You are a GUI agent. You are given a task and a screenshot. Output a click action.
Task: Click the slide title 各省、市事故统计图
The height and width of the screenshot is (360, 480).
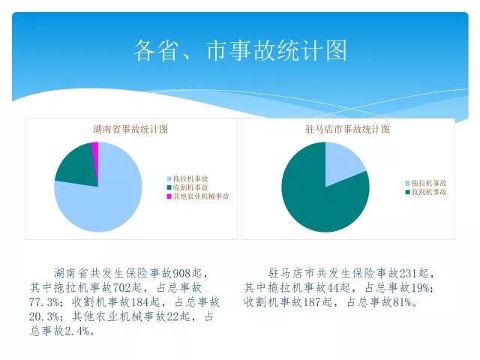click(240, 50)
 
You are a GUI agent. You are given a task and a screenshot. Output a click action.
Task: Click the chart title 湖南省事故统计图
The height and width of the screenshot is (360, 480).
click(130, 129)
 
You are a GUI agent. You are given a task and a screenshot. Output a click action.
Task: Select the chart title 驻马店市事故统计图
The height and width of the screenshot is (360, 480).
click(348, 129)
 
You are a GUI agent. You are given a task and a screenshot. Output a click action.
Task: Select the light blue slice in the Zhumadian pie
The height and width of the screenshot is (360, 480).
click(341, 162)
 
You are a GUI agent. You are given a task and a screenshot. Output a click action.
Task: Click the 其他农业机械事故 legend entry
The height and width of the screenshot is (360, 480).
click(198, 196)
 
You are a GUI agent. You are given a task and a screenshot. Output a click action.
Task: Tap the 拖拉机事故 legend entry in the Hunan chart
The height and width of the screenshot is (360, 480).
click(187, 178)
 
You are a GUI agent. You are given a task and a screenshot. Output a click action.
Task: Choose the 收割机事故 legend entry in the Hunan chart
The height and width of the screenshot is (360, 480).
click(187, 187)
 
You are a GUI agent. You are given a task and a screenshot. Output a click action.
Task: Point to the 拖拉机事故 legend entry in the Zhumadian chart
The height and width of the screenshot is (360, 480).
click(426, 183)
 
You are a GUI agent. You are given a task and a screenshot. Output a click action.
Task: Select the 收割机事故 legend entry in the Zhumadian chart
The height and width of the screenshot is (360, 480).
click(426, 192)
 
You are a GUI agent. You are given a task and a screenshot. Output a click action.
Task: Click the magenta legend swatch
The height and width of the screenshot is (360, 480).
click(169, 196)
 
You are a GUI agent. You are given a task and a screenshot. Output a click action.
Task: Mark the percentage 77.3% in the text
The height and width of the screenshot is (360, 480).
click(43, 302)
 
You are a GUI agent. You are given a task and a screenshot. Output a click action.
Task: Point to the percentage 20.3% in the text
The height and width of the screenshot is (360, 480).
click(43, 316)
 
